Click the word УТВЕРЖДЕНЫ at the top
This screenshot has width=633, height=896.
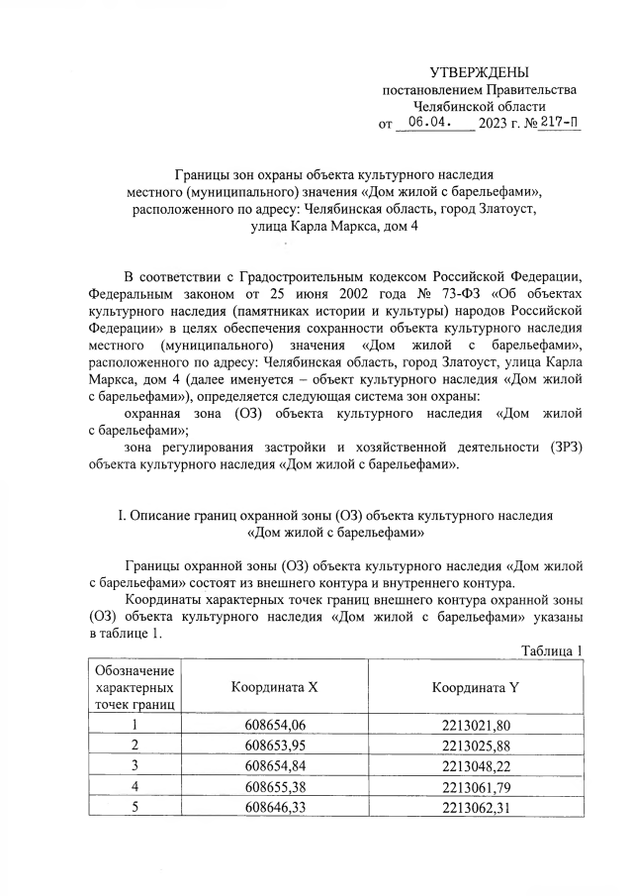pyautogui.click(x=479, y=72)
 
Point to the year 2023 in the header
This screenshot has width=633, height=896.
pyautogui.click(x=493, y=125)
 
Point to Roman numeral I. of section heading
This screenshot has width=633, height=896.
pyautogui.click(x=122, y=516)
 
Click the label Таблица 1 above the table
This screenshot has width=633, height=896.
pyautogui.click(x=551, y=649)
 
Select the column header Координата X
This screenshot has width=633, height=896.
pyautogui.click(x=275, y=687)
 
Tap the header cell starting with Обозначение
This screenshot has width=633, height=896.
pyautogui.click(x=134, y=687)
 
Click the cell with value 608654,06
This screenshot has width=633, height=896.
pyautogui.click(x=275, y=725)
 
